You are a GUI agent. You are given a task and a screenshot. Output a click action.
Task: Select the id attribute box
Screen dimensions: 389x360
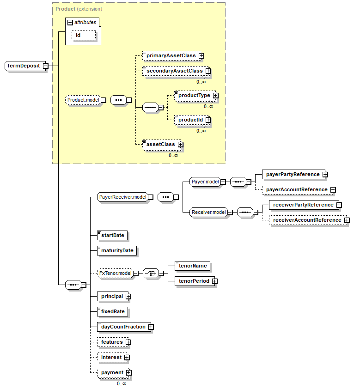click(83, 36)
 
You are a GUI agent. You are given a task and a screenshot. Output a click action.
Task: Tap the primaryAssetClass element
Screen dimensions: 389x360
click(171, 55)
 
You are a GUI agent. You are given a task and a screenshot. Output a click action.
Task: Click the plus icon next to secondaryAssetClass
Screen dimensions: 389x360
click(208, 71)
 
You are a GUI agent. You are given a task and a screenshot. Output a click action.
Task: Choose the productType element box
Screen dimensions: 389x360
click(194, 95)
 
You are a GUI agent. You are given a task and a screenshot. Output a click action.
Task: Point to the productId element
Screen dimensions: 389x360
click(191, 120)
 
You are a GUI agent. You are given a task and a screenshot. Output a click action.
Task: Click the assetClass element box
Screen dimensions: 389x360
click(161, 144)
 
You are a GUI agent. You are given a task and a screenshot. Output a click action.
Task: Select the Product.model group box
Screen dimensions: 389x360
click(83, 100)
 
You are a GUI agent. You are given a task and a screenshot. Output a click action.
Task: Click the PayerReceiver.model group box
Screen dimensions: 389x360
click(123, 197)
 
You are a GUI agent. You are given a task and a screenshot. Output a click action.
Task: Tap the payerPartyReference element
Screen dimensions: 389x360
click(293, 174)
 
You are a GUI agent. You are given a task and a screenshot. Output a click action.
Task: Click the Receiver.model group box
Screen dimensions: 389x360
click(208, 212)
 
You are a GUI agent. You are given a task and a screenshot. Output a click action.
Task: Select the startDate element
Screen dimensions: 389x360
click(112, 235)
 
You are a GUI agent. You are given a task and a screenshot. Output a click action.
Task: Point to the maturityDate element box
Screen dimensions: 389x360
click(117, 250)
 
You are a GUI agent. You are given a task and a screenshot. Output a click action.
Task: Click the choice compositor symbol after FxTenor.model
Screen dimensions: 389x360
click(150, 273)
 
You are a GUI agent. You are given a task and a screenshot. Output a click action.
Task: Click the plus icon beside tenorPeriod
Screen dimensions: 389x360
click(215, 281)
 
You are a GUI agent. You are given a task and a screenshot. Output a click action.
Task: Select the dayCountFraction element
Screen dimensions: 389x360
click(123, 327)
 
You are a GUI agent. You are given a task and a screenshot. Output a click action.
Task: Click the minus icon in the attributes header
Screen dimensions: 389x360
click(70, 22)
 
